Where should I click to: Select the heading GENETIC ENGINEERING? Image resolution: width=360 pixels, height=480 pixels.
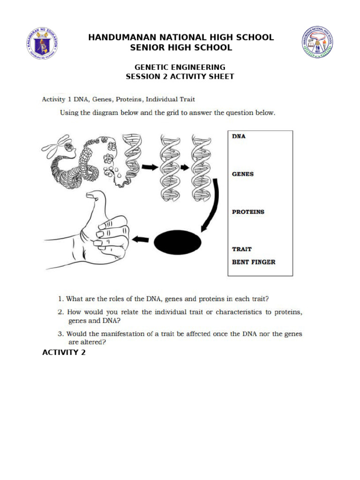(180, 67)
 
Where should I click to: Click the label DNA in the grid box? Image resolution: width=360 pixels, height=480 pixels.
(239, 136)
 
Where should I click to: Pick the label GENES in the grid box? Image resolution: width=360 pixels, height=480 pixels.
(243, 174)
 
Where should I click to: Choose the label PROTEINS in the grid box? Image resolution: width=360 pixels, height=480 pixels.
(248, 212)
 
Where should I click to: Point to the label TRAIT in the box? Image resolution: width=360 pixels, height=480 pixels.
(242, 249)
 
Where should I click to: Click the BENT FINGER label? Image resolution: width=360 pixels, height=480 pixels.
(254, 262)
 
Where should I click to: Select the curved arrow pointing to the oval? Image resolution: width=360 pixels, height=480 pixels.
(213, 206)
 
